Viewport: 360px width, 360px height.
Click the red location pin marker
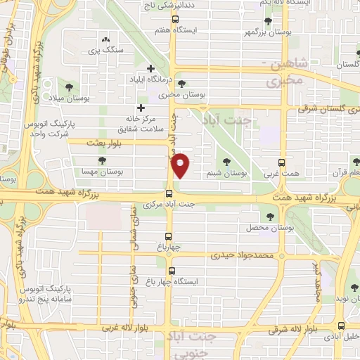pyautogui.click(x=181, y=167)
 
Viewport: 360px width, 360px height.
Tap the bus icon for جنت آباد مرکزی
pyautogui.click(x=169, y=193)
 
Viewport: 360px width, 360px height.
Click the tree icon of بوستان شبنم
pyautogui.click(x=226, y=162)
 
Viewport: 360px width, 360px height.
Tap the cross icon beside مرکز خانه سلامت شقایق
pyautogui.click(x=141, y=108)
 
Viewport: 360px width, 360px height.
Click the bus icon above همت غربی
pyautogui.click(x=281, y=161)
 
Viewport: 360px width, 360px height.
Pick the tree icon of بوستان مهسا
pyautogui.click(x=103, y=161)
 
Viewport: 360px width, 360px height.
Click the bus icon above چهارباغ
pyautogui.click(x=169, y=236)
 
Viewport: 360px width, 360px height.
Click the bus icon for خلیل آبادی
pyautogui.click(x=341, y=326)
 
